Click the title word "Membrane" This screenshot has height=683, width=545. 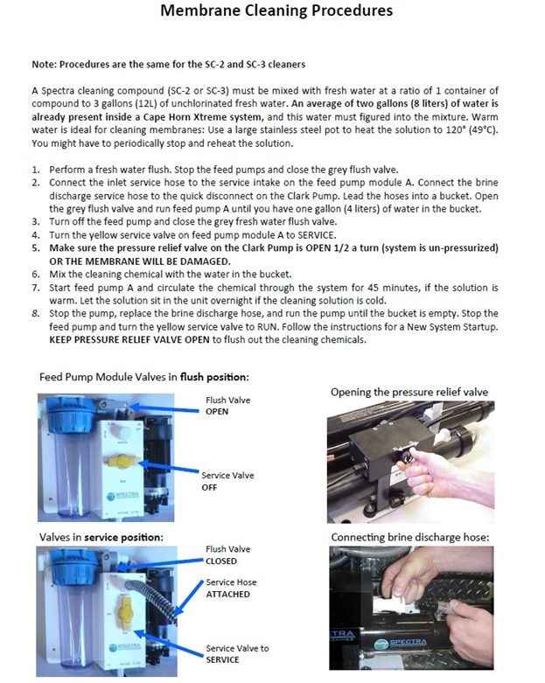click(x=203, y=11)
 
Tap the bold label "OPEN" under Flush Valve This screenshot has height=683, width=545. click(x=217, y=411)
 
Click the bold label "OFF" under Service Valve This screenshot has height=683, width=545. click(x=211, y=487)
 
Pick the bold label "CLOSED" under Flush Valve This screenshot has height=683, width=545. click(x=221, y=561)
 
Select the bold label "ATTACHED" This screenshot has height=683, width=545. click(x=227, y=594)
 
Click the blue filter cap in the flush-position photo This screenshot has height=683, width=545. click(x=66, y=408)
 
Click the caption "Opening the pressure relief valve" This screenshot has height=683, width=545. click(x=409, y=392)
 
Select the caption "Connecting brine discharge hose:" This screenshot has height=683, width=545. click(x=409, y=536)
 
